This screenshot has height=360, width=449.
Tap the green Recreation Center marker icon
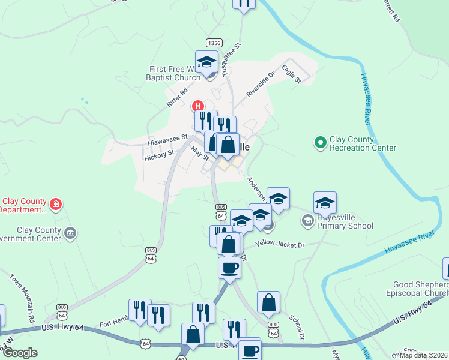[319, 143]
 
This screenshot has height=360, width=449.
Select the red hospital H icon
[197, 107]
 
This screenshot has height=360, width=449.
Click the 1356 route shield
[214, 43]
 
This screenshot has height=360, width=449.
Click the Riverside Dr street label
[260, 85]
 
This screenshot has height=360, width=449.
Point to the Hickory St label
[159, 154]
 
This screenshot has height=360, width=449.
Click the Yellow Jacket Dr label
[280, 244]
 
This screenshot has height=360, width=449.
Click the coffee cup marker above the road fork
[229, 268]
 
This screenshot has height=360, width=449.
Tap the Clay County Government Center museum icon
[70, 233]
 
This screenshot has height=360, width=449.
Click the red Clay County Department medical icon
[56, 205]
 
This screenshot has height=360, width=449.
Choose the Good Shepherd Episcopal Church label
[421, 289]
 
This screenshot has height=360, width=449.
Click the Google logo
[20, 352]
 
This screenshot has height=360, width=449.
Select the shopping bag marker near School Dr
[269, 302]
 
